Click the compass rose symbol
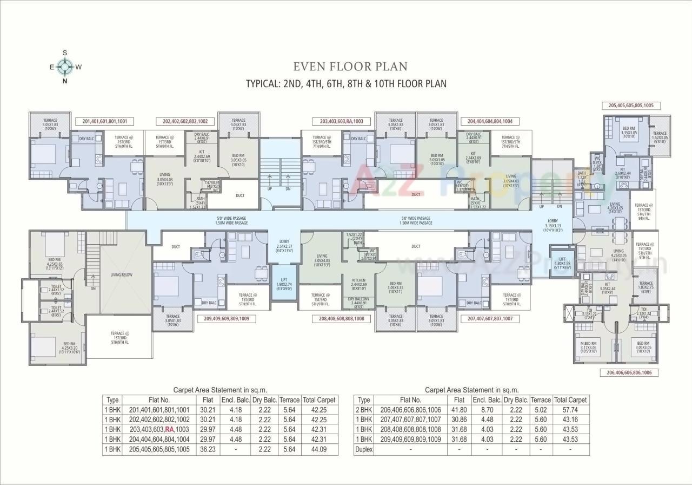coord(65,67)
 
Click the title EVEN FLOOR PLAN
coord(350,67)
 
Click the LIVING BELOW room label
coord(121,274)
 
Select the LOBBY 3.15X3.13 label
coord(553,225)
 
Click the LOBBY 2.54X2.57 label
coord(284,245)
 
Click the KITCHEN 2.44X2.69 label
coord(359,284)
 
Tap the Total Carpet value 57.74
coord(570,410)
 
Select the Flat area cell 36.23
coord(208,449)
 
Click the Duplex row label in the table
coord(364,449)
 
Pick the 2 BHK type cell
coord(364,410)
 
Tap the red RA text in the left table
coord(170,429)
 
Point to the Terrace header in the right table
coord(541,400)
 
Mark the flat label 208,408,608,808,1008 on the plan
coord(342,319)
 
